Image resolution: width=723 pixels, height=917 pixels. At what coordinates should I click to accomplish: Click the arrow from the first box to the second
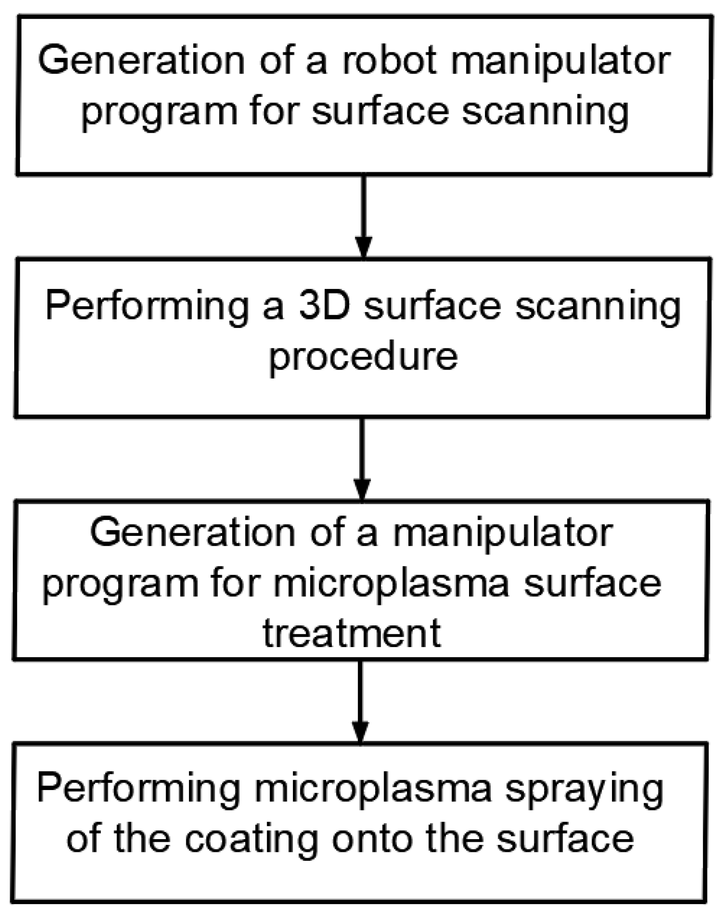(x=364, y=217)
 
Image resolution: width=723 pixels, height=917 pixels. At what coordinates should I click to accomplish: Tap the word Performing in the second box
(x=147, y=307)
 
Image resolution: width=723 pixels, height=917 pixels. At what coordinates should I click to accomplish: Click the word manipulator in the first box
(x=560, y=61)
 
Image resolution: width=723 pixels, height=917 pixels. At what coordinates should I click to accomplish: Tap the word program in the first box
(x=159, y=112)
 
